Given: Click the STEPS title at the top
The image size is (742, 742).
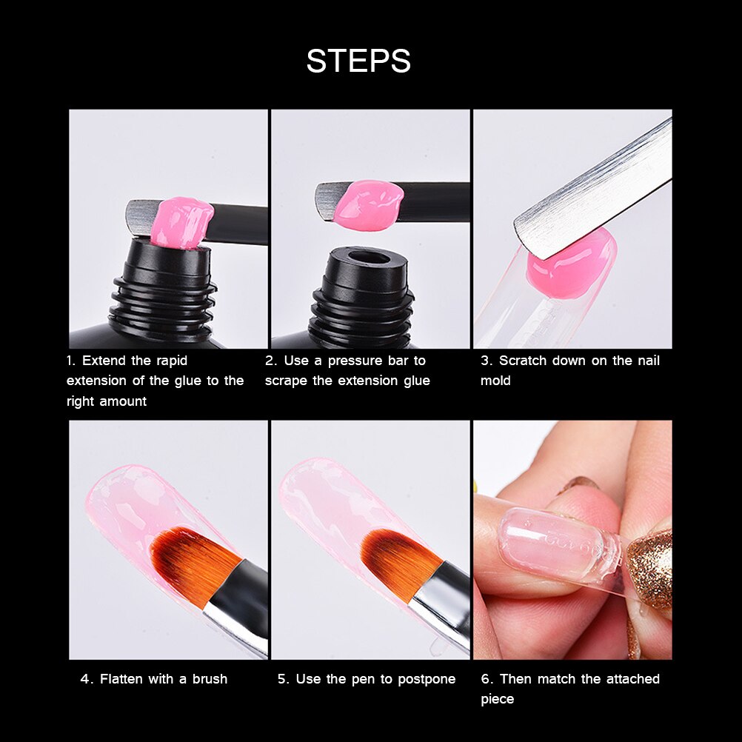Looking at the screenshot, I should (x=358, y=61).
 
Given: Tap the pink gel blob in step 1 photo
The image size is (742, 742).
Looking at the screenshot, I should (x=181, y=222).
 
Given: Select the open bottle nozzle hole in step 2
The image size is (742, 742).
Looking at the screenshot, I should (x=368, y=259).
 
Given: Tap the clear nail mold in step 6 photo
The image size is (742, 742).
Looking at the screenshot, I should (x=555, y=544).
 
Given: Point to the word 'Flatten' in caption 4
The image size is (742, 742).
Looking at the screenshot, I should (x=123, y=678).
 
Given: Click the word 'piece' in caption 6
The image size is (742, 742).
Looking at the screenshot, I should (x=497, y=699).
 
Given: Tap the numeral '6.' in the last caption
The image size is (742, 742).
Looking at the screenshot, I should (x=487, y=678).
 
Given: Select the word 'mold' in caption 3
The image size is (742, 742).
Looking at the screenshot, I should (x=495, y=381).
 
